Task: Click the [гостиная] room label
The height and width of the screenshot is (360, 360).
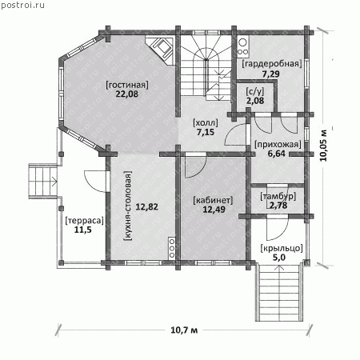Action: coord(127,85)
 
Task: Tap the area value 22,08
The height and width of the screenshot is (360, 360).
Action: coord(127,94)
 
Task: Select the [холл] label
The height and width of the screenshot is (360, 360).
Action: coord(206,123)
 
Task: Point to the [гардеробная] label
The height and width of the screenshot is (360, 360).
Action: coord(272,64)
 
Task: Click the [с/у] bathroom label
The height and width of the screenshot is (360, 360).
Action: coord(255,91)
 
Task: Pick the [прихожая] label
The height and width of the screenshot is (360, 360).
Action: coord(278,144)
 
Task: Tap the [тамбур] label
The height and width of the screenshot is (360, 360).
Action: coord(278,197)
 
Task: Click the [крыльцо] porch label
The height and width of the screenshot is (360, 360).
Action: coord(282,248)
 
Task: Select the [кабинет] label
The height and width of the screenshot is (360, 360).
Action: coord(213,200)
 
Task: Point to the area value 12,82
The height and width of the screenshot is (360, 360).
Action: coord(146,206)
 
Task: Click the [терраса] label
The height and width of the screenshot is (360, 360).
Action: coord(84,221)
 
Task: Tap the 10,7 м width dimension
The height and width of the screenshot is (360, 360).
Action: coord(184,330)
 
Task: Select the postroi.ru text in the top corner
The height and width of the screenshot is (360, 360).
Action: coord(22,6)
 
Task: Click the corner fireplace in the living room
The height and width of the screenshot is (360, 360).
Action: coord(161,50)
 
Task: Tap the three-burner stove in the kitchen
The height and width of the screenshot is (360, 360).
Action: coord(172,249)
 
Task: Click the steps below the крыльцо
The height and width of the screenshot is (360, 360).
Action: coord(279,292)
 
